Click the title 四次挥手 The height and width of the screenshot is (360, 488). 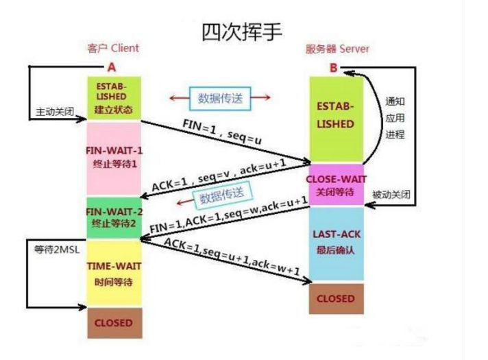tap(242, 31)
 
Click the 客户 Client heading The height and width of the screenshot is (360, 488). tap(113, 48)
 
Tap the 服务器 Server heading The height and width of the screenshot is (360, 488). tap(337, 49)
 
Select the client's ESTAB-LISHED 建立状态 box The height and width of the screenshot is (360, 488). tap(113, 98)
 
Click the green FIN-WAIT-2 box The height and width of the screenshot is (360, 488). tap(113, 216)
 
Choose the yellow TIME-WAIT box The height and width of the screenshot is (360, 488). tap(113, 273)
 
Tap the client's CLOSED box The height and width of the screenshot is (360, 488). tap(113, 322)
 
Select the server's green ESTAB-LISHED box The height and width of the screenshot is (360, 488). tap(336, 117)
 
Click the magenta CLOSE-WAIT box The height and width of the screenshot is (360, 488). tap(336, 184)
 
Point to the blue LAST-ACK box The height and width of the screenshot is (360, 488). tap(336, 242)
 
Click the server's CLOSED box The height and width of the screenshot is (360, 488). tap(336, 298)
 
